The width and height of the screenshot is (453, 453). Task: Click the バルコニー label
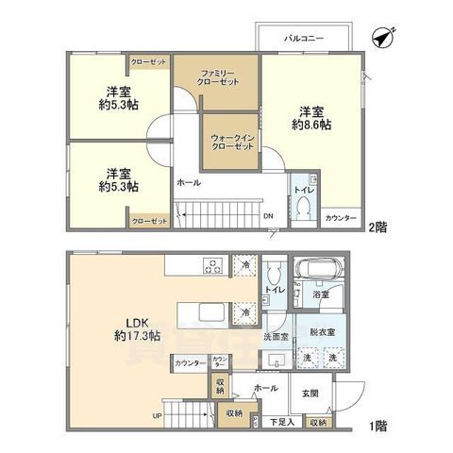[x=305, y=38]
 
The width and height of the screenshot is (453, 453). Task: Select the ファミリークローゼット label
[x=215, y=78]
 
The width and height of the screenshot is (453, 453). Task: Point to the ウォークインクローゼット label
[x=230, y=142]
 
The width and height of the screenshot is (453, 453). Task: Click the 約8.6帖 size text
[x=310, y=125]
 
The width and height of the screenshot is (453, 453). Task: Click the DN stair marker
[x=268, y=215]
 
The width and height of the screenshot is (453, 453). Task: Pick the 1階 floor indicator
[x=375, y=425]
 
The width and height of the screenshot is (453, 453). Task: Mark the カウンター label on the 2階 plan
[x=342, y=217]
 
